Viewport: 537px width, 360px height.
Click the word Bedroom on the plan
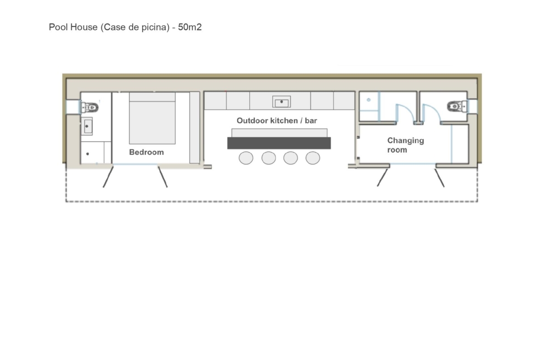click(146, 152)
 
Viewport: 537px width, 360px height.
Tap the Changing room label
click(405, 145)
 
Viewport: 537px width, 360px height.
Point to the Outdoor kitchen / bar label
click(277, 121)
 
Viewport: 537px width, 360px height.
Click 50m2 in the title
click(190, 27)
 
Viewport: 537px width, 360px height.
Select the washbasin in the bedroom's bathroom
click(87, 126)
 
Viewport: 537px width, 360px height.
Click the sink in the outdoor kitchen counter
click(281, 102)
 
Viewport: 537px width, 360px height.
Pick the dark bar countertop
click(279, 143)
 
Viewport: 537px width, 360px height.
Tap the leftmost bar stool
click(246, 158)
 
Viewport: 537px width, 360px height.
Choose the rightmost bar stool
click(313, 158)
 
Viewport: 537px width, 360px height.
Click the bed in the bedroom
click(152, 118)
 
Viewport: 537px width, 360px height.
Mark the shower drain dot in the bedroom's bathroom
click(88, 154)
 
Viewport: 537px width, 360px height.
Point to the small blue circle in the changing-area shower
click(369, 100)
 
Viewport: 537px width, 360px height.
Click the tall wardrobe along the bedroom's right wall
click(195, 127)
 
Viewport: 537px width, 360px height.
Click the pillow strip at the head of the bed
click(152, 97)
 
